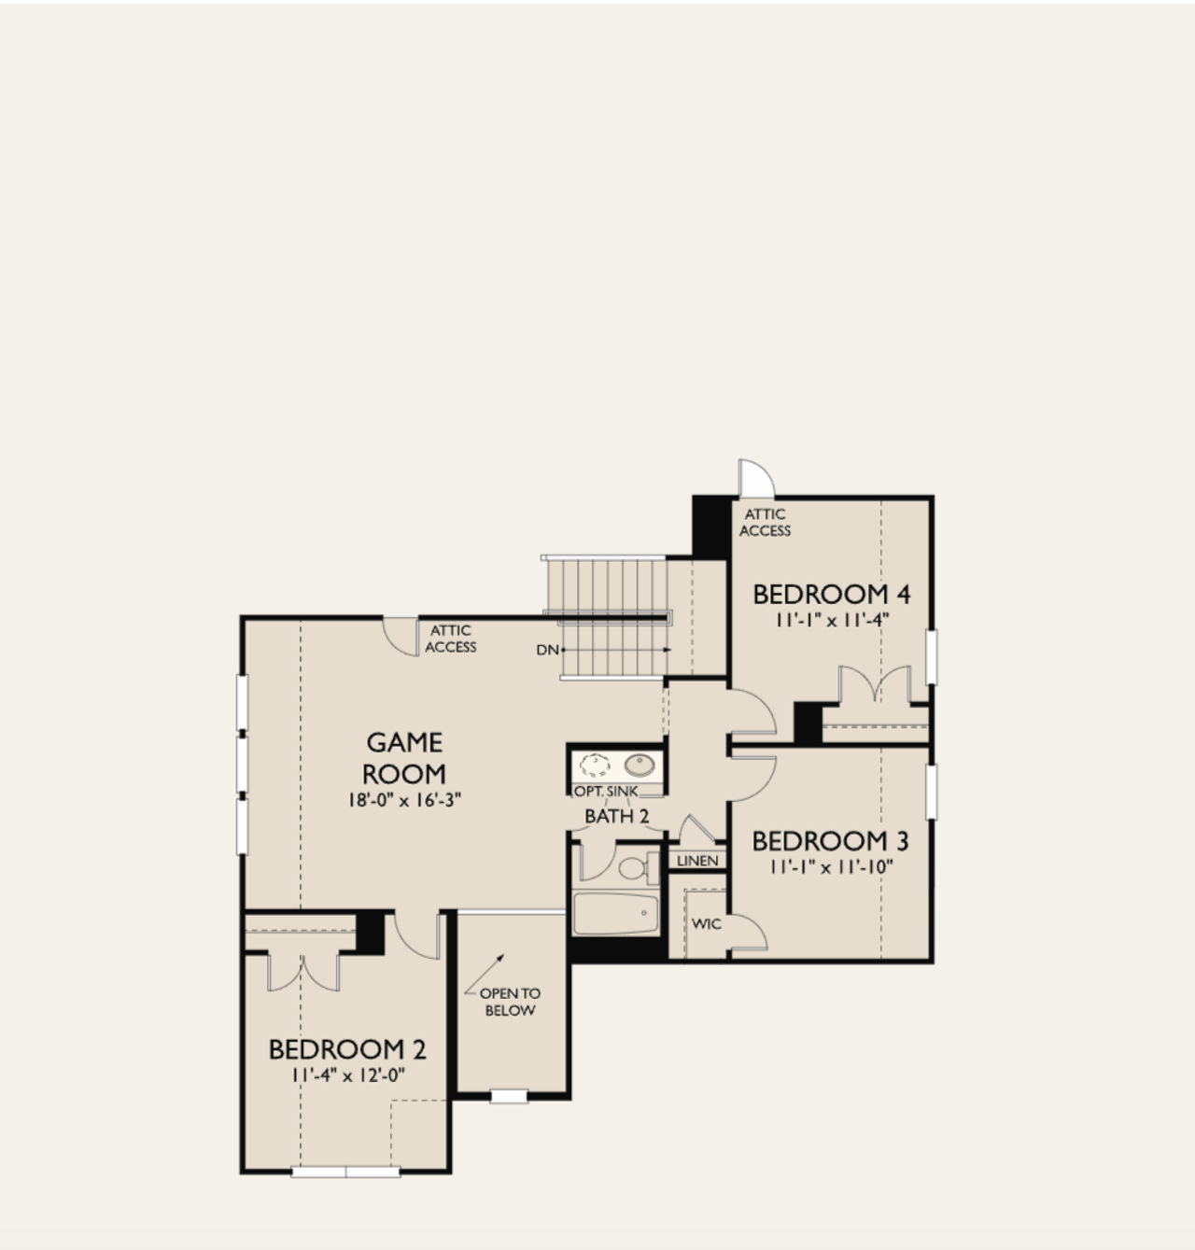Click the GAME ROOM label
pyautogui.click(x=403, y=758)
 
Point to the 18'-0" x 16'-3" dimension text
pyautogui.click(x=403, y=799)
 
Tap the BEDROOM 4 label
pyautogui.click(x=831, y=594)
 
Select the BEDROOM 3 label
pyautogui.click(x=830, y=841)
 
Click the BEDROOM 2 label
pyautogui.click(x=347, y=1050)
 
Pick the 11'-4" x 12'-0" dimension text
pyautogui.click(x=347, y=1074)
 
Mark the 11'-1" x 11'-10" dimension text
pyautogui.click(x=831, y=866)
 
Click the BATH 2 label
pyautogui.click(x=616, y=816)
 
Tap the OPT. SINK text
pyautogui.click(x=606, y=792)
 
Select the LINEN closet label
pyautogui.click(x=697, y=861)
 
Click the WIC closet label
pyautogui.click(x=706, y=924)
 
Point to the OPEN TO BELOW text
pyautogui.click(x=510, y=1002)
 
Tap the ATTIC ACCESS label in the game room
pyautogui.click(x=451, y=639)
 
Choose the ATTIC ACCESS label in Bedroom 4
pyautogui.click(x=765, y=522)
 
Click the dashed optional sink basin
pyautogui.click(x=594, y=766)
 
